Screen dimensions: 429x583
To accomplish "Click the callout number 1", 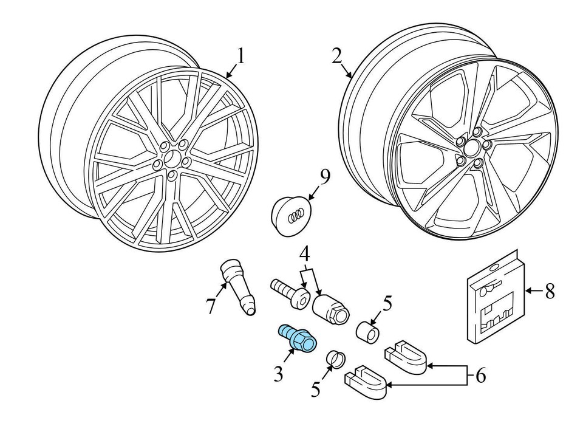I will pyautogui.click(x=241, y=57).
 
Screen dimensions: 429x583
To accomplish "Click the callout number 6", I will pyautogui.click(x=480, y=376).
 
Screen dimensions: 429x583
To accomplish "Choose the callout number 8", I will pyautogui.click(x=550, y=292).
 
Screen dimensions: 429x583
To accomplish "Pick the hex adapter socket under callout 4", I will pyautogui.click(x=332, y=307).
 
